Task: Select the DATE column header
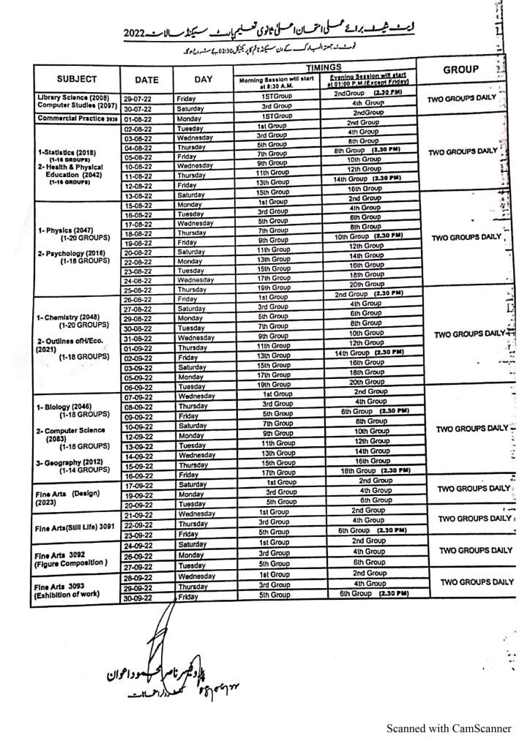point(146,80)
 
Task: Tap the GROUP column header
point(460,69)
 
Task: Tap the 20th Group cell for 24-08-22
point(366,285)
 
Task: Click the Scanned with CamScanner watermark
point(449,729)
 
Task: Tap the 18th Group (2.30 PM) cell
point(373,470)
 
